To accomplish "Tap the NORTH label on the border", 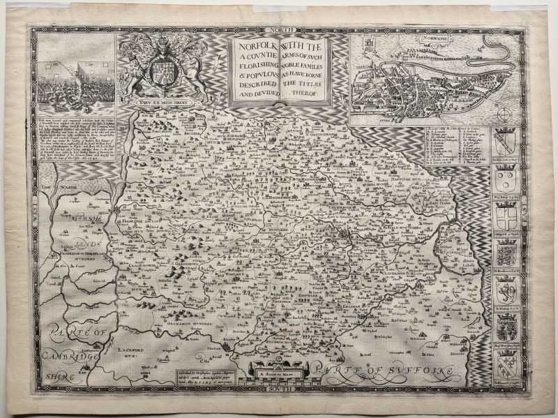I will point(287,30).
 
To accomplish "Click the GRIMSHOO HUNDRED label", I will point(186,323).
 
